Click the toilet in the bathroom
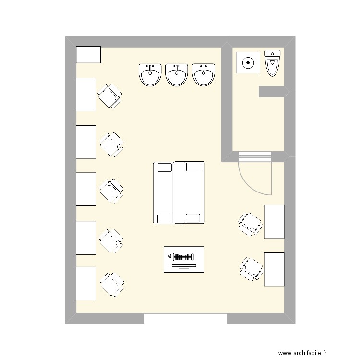tap(272, 63)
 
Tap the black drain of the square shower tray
tap(248, 63)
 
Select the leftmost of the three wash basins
tap(150, 75)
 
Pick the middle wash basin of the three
tap(177, 75)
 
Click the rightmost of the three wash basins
tap(204, 75)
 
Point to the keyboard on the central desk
tap(183, 257)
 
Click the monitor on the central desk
tap(184, 266)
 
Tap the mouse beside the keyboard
tap(170, 256)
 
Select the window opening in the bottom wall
tap(185, 319)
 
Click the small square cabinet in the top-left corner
tap(88, 55)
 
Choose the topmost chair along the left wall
tap(110, 96)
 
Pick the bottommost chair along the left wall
tap(112, 284)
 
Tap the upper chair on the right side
tap(250, 224)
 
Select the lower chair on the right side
tap(252, 269)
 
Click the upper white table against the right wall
tap(275, 222)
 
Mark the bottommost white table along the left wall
tap(86, 284)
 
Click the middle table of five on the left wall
tap(86, 189)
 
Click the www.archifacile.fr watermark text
tap(302, 353)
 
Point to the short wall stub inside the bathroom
tap(272, 92)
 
